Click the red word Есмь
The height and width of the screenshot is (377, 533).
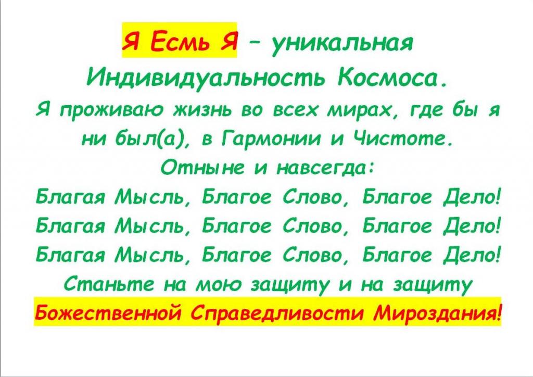[x=179, y=42]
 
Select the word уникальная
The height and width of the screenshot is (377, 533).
[x=341, y=43]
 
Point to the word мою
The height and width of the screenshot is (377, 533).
[x=219, y=285]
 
